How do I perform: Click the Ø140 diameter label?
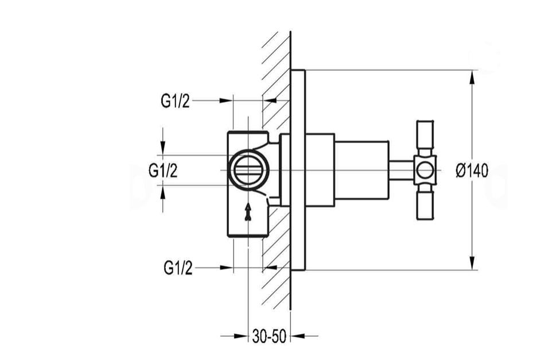coord(472,171)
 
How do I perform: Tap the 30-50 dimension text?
coord(269,336)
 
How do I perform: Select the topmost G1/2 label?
coord(175,101)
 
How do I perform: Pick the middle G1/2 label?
coord(163,171)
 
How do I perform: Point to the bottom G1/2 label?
coord(178,268)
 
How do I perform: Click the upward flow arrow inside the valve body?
coord(248,211)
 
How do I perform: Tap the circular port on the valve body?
coord(249,171)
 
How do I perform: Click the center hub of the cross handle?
coord(425,171)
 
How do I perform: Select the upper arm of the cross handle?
coord(425,138)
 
